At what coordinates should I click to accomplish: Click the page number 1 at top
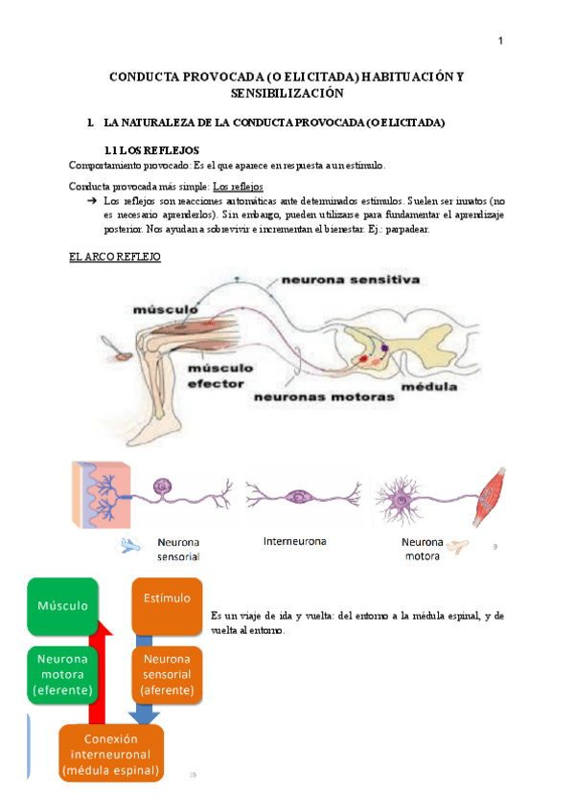(500, 40)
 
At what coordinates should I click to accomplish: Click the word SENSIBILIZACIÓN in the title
(287, 94)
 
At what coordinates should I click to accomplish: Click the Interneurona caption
(294, 541)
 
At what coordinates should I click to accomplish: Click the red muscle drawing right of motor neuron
(492, 496)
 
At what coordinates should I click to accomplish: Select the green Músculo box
(63, 606)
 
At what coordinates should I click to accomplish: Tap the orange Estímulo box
(167, 600)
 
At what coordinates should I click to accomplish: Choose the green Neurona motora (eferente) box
(62, 674)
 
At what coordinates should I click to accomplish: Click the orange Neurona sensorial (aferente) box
(168, 674)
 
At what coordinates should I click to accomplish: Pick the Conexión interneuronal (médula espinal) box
(111, 754)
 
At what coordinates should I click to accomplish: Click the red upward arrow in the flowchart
(98, 670)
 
